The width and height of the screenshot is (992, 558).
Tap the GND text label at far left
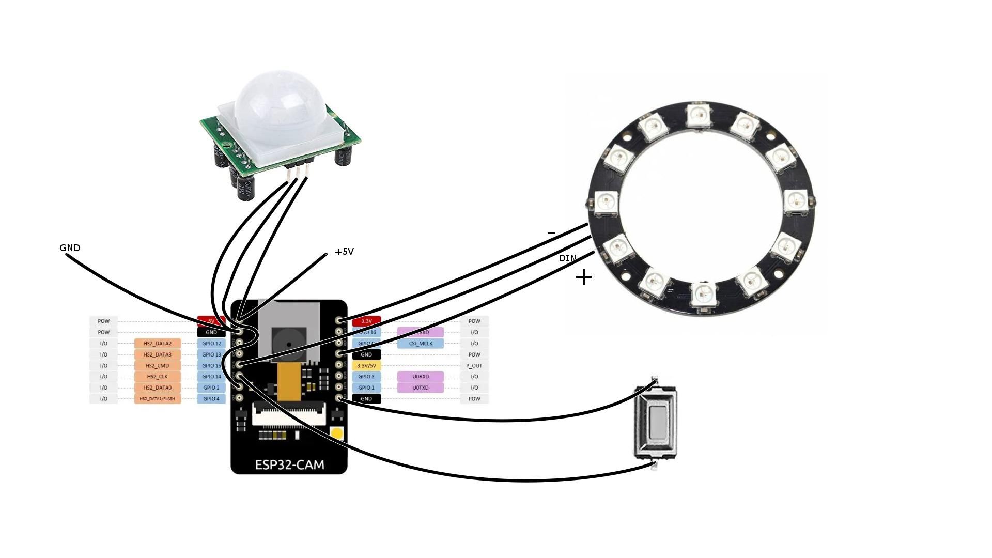click(x=70, y=248)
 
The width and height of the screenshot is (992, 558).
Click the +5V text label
click(x=344, y=252)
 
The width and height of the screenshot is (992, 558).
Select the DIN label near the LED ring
click(x=567, y=258)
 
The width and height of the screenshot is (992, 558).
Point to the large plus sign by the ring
click(x=583, y=277)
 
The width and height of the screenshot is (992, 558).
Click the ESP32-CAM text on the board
click(x=289, y=464)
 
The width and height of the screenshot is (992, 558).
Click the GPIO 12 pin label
click(x=211, y=344)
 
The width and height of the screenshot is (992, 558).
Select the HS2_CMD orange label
click(x=157, y=366)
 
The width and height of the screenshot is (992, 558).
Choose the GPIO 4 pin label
click(x=211, y=399)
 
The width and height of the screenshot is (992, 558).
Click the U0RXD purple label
click(x=420, y=377)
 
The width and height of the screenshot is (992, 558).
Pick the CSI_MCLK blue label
click(x=420, y=344)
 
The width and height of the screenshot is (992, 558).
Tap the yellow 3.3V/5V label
click(x=366, y=366)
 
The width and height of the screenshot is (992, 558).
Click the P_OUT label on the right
click(x=474, y=366)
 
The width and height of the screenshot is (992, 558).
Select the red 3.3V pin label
click(x=366, y=321)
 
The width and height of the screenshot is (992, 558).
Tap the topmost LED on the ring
click(x=699, y=115)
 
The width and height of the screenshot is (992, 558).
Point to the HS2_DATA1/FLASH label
click(x=157, y=399)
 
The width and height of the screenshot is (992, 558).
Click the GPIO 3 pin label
click(x=366, y=377)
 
